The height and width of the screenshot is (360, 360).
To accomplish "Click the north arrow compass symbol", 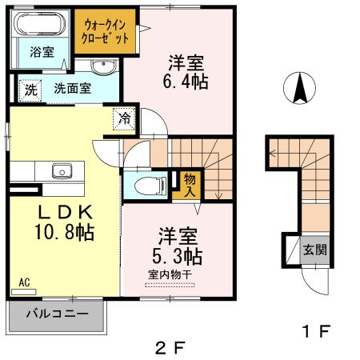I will tap(300, 87).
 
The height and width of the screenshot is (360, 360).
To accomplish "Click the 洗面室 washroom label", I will tap(72, 89).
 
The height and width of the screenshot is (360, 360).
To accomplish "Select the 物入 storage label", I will tap(189, 185).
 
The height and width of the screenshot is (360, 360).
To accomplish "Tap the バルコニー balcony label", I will tap(55, 314).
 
